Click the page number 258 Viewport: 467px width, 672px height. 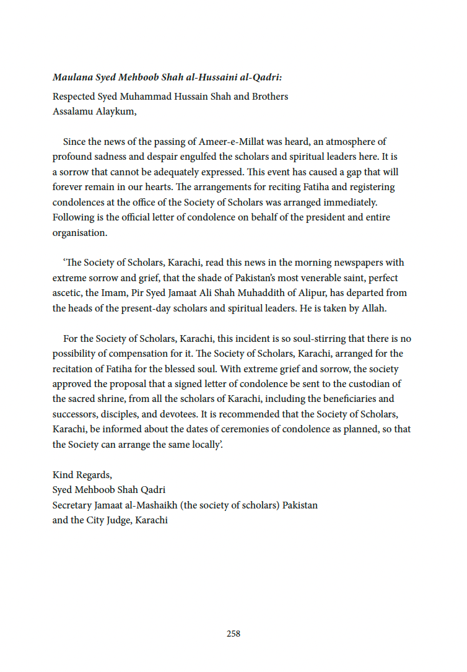pos(234,634)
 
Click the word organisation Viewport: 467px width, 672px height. pos(79,233)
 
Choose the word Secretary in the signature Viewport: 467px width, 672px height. pos(72,505)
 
